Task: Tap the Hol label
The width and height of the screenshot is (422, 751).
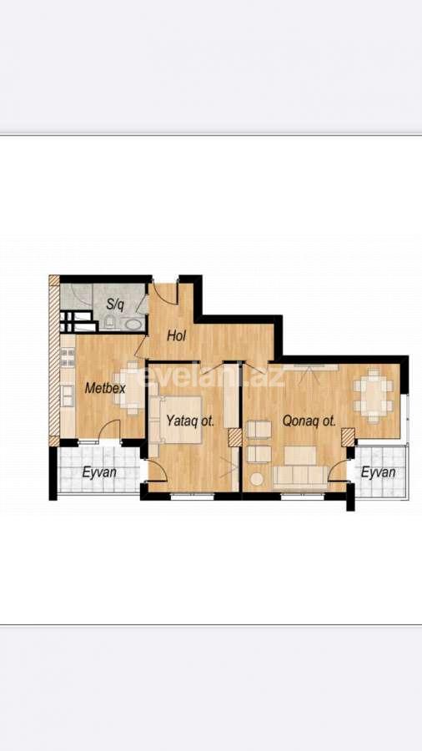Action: [x=176, y=336]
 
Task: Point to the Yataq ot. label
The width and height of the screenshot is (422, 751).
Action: [x=190, y=421]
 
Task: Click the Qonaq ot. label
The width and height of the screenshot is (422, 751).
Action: [x=309, y=421]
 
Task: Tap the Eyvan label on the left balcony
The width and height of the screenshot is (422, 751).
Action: [x=98, y=472]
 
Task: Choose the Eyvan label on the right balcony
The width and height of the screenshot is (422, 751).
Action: [x=378, y=472]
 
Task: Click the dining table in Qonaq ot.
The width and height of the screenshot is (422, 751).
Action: [x=373, y=393]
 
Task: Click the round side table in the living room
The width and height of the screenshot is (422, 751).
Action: [x=258, y=479]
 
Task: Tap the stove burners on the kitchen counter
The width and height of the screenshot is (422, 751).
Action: [x=68, y=358]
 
